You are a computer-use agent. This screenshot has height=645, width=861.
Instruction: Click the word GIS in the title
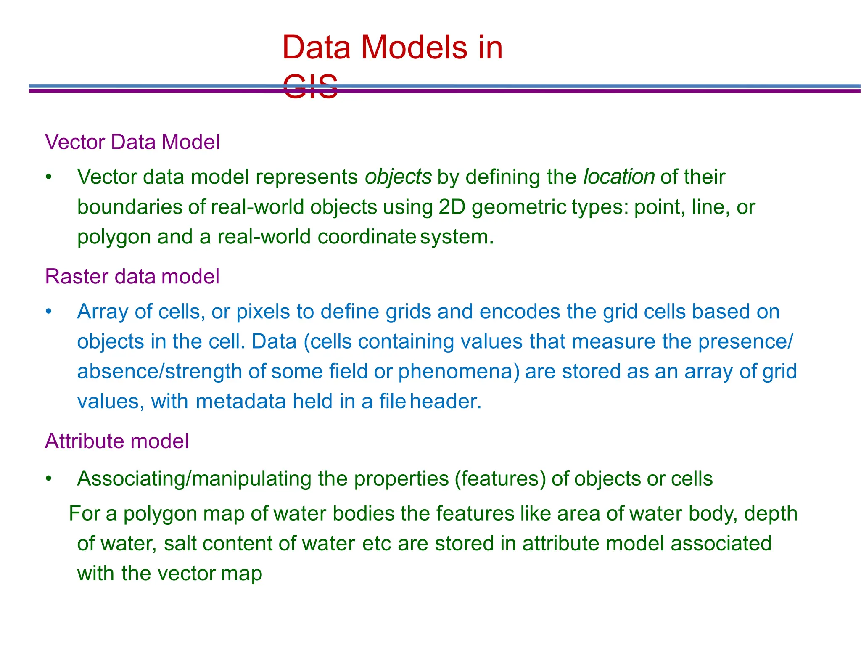tap(310, 87)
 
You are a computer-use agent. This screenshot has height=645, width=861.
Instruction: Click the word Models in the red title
tap(413, 48)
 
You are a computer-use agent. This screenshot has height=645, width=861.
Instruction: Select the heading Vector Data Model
tap(132, 142)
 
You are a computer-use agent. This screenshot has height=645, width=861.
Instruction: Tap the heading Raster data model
tap(132, 277)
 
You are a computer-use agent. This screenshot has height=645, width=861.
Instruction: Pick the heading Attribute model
tap(117, 441)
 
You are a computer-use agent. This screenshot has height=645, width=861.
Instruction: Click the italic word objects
tap(398, 177)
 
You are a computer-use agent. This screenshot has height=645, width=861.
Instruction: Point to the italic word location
tap(619, 177)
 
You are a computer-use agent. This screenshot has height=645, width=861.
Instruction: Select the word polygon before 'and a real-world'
tap(114, 237)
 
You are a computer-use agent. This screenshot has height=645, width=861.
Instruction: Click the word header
tap(445, 402)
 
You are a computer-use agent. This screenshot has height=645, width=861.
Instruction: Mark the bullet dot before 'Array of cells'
tap(49, 312)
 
